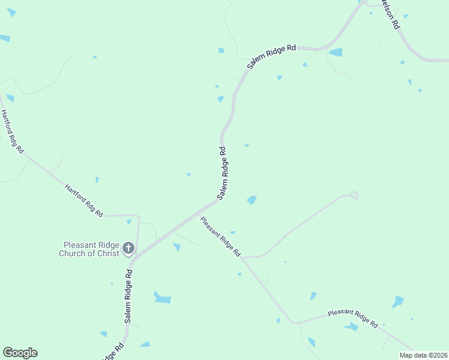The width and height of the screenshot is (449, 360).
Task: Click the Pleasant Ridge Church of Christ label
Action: tap(90, 248)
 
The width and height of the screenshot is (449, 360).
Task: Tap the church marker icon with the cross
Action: tap(128, 248)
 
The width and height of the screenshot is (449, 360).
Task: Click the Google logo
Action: tap(20, 353)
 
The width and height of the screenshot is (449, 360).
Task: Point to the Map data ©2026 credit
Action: tap(423, 355)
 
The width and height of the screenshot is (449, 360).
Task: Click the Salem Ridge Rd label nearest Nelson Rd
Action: tap(271, 56)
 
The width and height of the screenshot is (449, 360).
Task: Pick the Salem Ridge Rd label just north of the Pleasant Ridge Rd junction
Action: tap(223, 173)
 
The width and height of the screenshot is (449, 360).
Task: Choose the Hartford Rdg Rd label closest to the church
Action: tap(84, 200)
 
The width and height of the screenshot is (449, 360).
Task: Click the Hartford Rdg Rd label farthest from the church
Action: tap(11, 131)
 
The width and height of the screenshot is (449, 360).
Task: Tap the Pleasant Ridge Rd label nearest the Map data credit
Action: tap(353, 319)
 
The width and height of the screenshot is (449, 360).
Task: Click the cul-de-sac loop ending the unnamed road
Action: tap(354, 194)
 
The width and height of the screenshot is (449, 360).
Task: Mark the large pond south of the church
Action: tap(162, 298)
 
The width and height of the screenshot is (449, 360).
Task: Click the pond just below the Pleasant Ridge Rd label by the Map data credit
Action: tap(351, 327)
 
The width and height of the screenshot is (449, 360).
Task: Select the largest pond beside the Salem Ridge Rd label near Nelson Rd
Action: tap(336, 52)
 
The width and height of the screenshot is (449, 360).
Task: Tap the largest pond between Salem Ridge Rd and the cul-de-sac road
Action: tap(252, 200)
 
